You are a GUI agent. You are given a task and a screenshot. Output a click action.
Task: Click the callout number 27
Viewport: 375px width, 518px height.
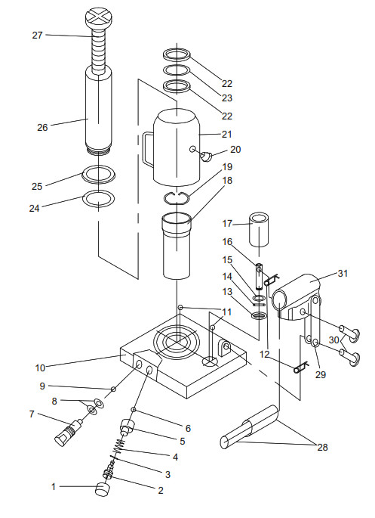pyautogui.click(x=38, y=35)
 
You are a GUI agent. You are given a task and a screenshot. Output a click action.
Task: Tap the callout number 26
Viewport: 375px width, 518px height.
pyautogui.click(x=43, y=127)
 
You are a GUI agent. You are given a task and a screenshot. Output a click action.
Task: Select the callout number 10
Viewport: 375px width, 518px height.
pyautogui.click(x=39, y=368)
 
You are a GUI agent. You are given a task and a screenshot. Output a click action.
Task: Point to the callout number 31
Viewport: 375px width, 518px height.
pyautogui.click(x=343, y=273)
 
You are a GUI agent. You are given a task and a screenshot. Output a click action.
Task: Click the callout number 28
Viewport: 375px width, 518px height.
pyautogui.click(x=322, y=447)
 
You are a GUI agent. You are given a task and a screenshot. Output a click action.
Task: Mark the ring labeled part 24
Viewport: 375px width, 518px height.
pyautogui.click(x=98, y=200)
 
